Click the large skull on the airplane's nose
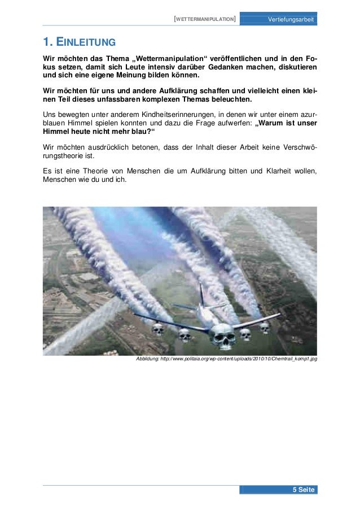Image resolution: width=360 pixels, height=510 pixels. click(222, 337)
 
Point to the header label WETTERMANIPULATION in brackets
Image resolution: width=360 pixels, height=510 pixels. click(205, 19)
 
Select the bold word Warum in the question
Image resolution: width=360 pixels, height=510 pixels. click(276, 124)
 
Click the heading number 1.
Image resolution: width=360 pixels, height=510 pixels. click(48, 42)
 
